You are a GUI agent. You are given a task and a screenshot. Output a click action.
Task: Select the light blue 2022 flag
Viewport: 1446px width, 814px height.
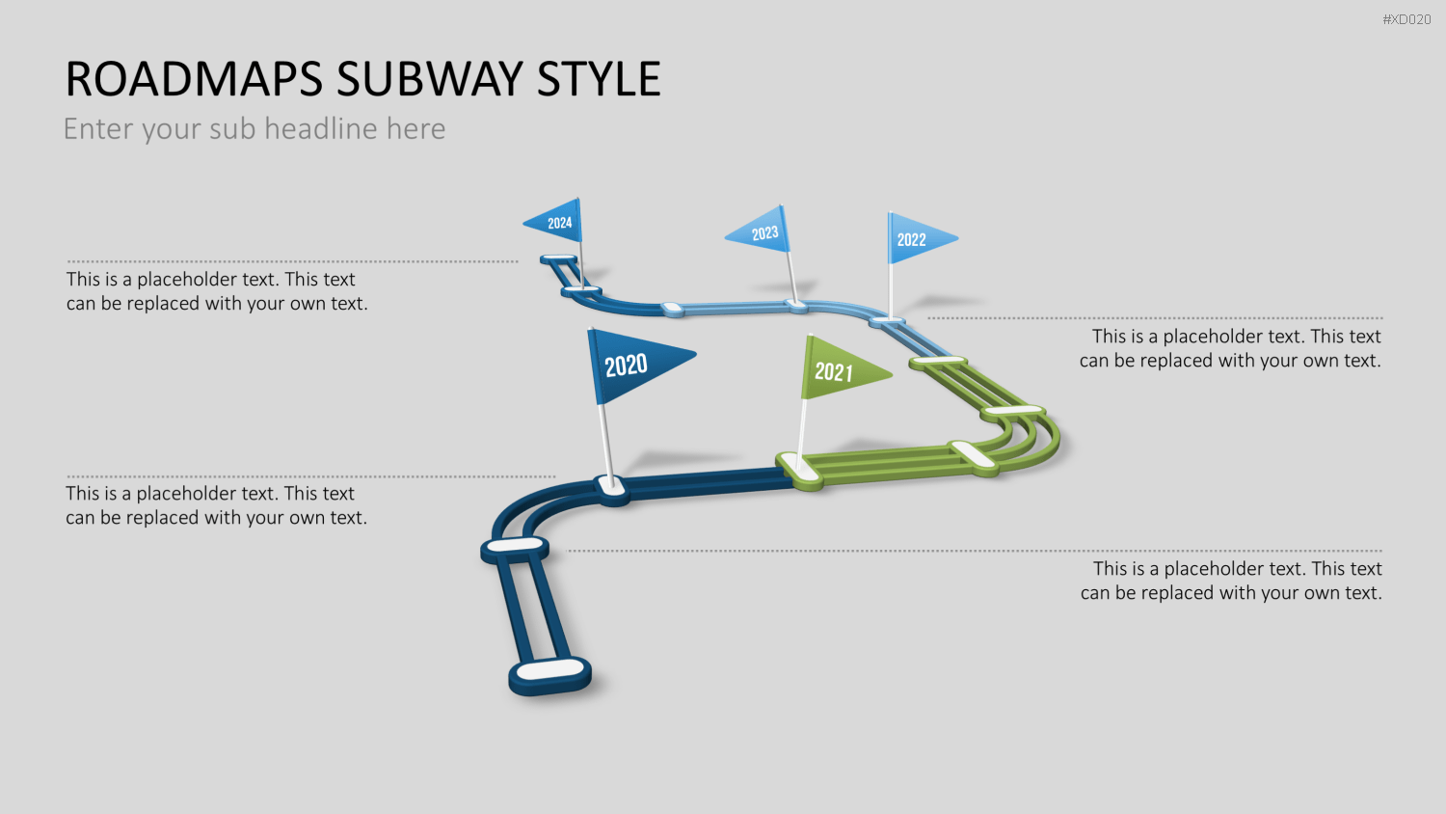click(916, 239)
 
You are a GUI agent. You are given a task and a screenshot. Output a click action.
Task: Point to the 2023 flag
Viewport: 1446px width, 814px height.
click(762, 231)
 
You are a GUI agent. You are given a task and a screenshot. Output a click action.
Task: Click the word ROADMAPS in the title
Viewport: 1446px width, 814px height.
click(194, 79)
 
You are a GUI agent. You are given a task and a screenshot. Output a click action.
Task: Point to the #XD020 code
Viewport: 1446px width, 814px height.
click(1406, 19)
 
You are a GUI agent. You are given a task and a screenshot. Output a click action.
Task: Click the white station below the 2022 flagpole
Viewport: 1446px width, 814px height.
click(888, 320)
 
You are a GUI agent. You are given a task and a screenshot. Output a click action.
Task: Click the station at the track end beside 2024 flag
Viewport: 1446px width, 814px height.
click(558, 258)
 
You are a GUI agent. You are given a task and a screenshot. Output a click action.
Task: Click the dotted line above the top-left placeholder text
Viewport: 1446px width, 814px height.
click(292, 261)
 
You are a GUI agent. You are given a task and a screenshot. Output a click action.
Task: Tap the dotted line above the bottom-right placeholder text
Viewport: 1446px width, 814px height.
click(975, 551)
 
